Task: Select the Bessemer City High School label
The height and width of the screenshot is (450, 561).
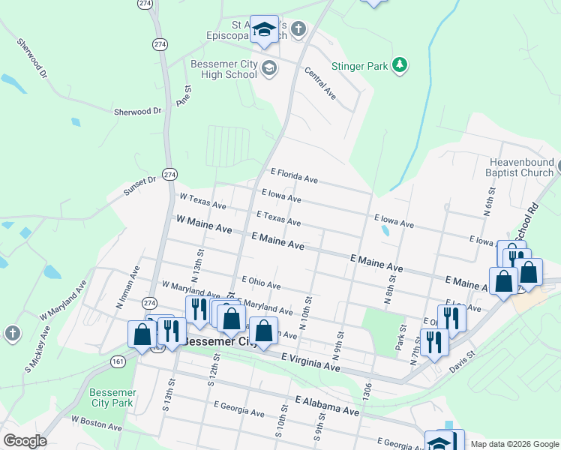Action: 223,70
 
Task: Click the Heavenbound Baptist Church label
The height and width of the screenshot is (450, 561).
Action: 520,167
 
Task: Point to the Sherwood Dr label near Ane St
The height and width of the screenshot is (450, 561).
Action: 137,111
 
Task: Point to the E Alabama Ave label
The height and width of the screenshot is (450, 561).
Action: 327,406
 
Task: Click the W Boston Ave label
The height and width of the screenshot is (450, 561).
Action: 96,424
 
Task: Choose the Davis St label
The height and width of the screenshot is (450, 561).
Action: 462,360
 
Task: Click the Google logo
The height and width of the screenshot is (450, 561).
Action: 25,441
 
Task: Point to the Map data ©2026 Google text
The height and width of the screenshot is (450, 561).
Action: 514,444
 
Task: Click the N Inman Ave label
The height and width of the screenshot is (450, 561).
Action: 127,287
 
